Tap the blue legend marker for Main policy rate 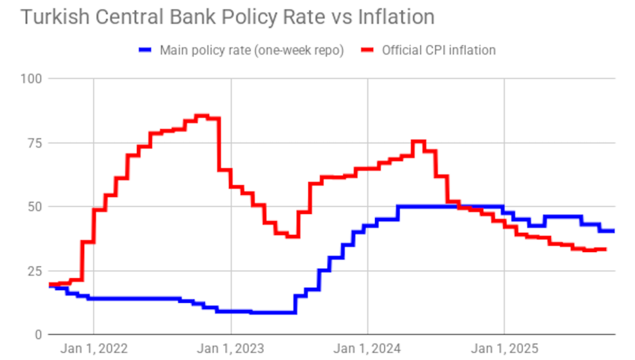(146, 50)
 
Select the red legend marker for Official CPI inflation (368, 50)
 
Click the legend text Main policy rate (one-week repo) (251, 50)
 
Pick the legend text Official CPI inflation (439, 50)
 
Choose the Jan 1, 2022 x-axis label (94, 349)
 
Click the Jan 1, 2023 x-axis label (231, 349)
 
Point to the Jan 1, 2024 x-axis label (367, 349)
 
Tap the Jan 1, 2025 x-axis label (504, 349)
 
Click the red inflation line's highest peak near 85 (202, 116)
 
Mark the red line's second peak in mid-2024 (418, 141)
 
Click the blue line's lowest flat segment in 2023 (272, 312)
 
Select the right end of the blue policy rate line (613, 231)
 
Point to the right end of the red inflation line (606, 249)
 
